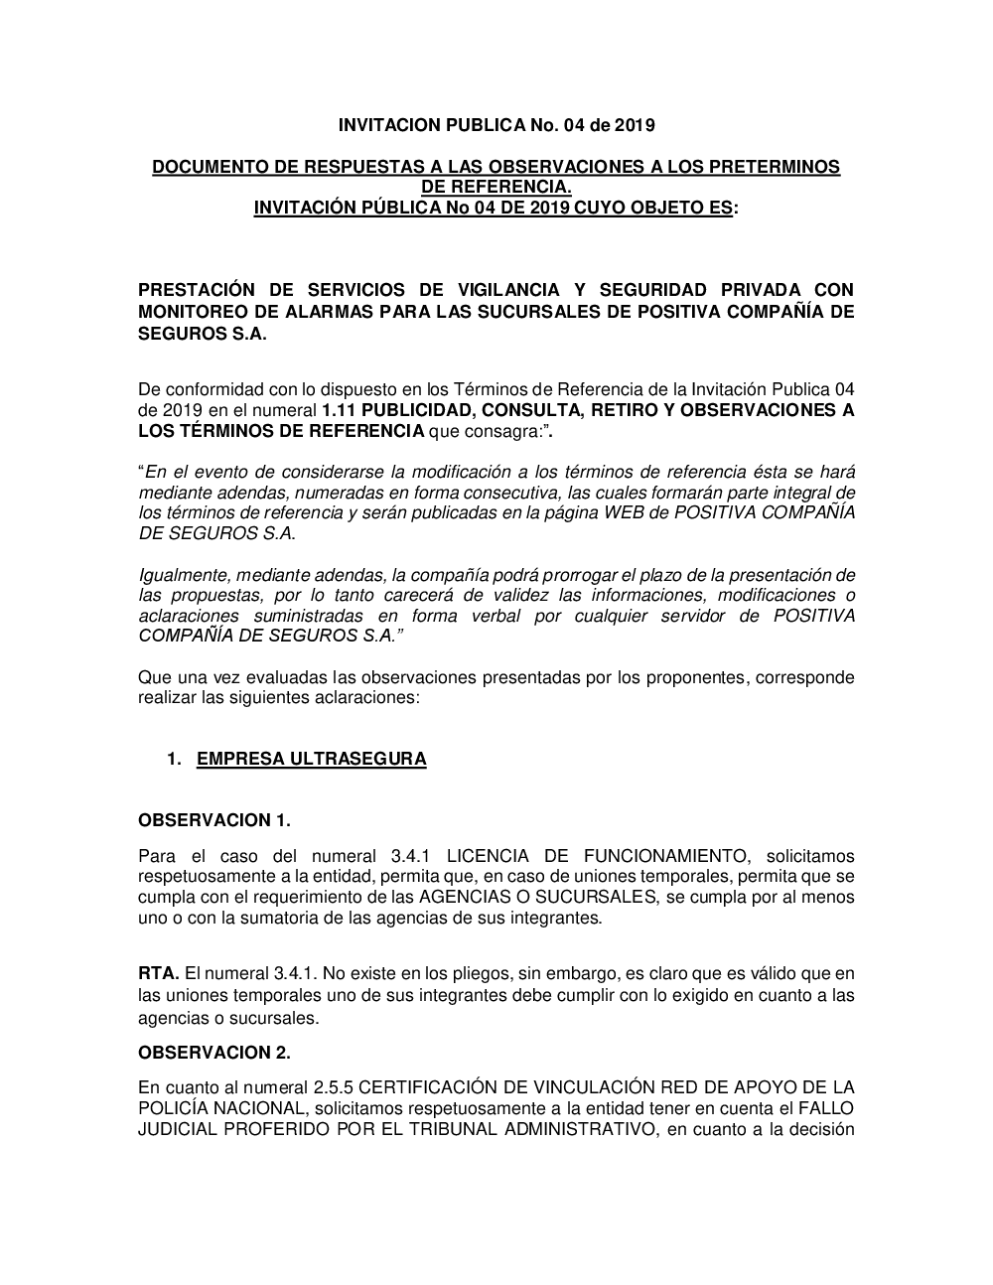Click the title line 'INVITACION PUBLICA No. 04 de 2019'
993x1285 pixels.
(x=496, y=126)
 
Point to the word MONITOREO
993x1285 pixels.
(x=193, y=312)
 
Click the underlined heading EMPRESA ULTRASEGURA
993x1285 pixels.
(x=312, y=760)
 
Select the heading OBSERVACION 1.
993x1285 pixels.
(x=214, y=820)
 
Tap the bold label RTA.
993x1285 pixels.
(x=159, y=974)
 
